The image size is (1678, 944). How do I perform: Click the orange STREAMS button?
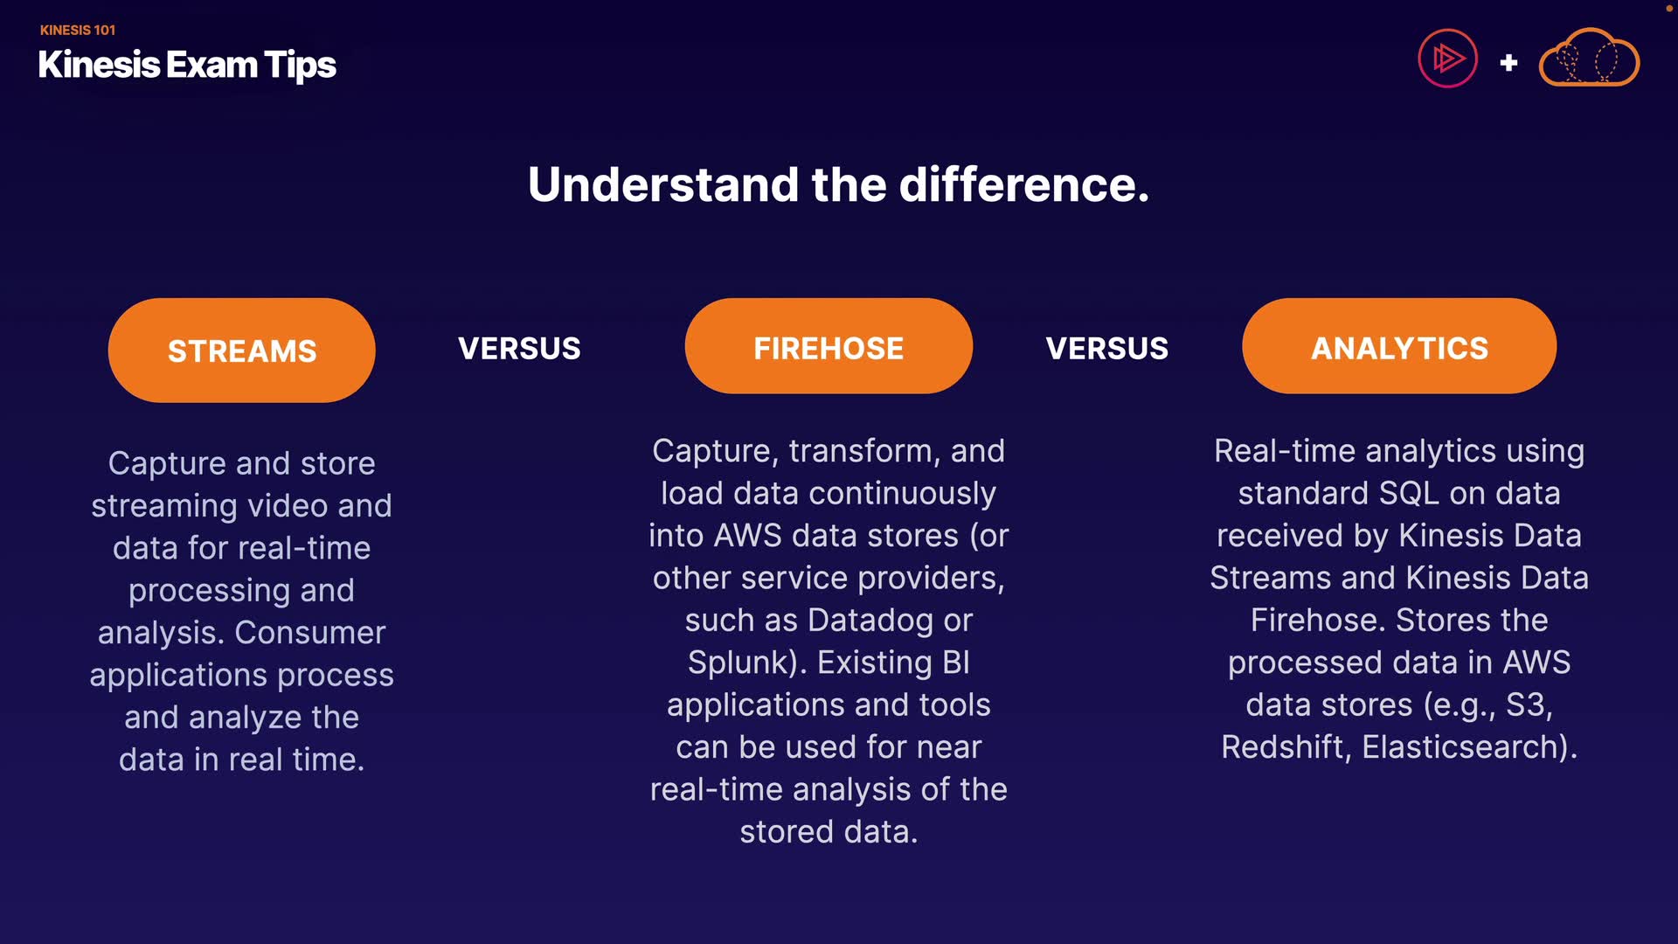(242, 351)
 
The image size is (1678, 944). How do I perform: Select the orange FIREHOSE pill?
(829, 346)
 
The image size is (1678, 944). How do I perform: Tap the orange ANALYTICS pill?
(1399, 346)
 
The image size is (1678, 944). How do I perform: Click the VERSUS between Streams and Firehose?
(519, 349)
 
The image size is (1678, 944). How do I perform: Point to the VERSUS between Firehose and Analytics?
(1107, 349)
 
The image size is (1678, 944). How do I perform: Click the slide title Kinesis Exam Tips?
(187, 66)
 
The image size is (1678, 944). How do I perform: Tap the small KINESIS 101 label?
(78, 30)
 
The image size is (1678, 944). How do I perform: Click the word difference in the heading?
(1024, 184)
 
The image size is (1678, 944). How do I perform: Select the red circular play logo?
(1447, 59)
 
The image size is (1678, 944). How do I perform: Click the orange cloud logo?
(1589, 58)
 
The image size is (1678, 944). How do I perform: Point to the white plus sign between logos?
(1508, 63)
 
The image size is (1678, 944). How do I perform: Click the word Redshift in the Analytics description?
(1285, 747)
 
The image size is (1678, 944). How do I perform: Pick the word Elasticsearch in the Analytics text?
(1464, 747)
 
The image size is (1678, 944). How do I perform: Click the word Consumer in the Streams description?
(310, 633)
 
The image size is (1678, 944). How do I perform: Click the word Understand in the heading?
(663, 184)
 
